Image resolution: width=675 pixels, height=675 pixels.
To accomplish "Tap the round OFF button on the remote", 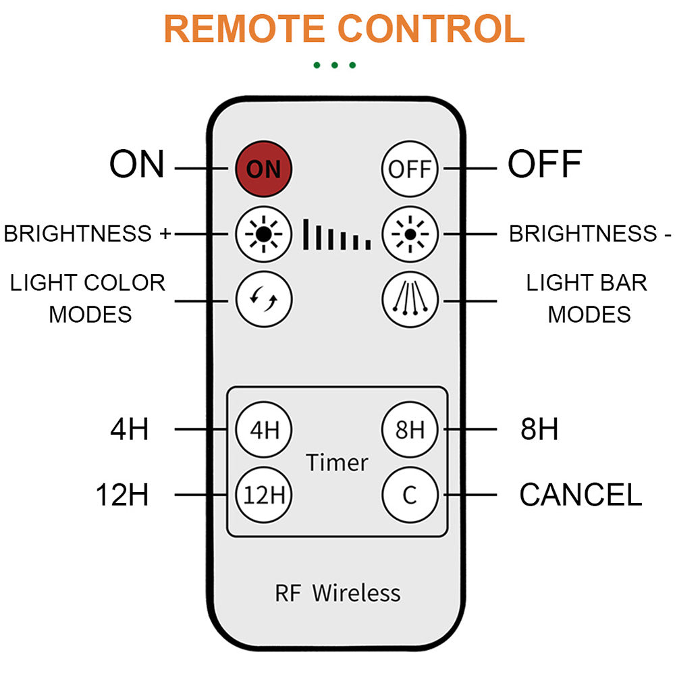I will pos(410,168).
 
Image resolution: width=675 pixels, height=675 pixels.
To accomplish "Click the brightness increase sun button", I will pos(263,234).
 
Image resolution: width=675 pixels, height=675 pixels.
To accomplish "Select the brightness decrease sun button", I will pos(410,234).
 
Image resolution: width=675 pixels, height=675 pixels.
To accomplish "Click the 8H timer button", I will pos(410,429).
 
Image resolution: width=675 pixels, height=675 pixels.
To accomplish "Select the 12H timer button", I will pos(263,495).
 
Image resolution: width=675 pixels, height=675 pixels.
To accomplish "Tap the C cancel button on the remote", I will pos(410,495).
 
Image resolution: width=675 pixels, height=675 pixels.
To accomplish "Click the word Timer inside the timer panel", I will pos(337,462).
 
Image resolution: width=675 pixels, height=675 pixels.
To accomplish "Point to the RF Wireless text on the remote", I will pos(337,593).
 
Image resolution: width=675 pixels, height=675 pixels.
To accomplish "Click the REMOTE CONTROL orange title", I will pos(344,28).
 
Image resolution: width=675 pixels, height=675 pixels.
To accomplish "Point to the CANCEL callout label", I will pos(580,495).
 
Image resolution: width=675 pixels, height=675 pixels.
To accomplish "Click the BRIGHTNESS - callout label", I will pos(590,234).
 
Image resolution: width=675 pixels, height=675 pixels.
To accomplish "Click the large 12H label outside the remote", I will pos(122,495).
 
